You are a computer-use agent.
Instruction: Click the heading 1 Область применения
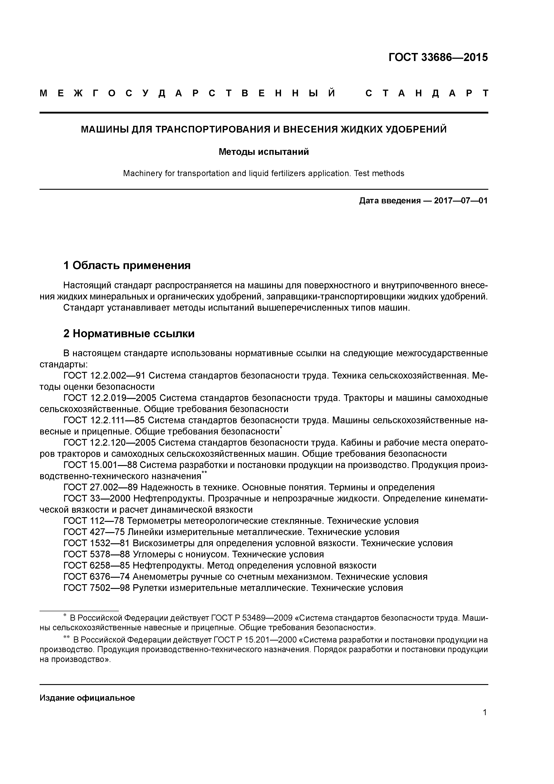[x=127, y=265]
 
